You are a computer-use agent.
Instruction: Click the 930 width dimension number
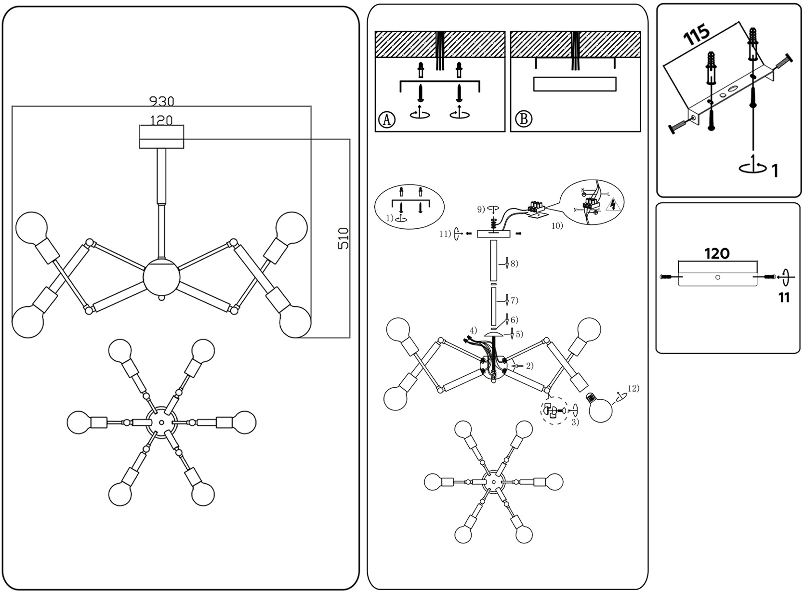[161, 101]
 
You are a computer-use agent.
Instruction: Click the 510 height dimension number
[343, 238]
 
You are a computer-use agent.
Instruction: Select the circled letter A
[386, 119]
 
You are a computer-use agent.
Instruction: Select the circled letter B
[524, 118]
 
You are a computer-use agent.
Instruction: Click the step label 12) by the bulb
[633, 388]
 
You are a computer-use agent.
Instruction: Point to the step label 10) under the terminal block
[557, 225]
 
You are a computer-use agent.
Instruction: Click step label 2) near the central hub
[529, 366]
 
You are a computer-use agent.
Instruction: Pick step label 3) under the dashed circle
[575, 422]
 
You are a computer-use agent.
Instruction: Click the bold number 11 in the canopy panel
[784, 298]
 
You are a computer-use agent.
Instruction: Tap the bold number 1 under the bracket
[775, 171]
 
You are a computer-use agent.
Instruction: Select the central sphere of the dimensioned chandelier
[161, 278]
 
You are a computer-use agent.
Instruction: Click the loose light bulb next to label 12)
[598, 409]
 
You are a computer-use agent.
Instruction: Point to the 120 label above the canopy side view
[717, 253]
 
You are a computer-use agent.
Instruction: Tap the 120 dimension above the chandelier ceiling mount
[161, 120]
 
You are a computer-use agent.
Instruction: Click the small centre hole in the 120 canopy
[718, 277]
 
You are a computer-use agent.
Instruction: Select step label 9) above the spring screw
[481, 209]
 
